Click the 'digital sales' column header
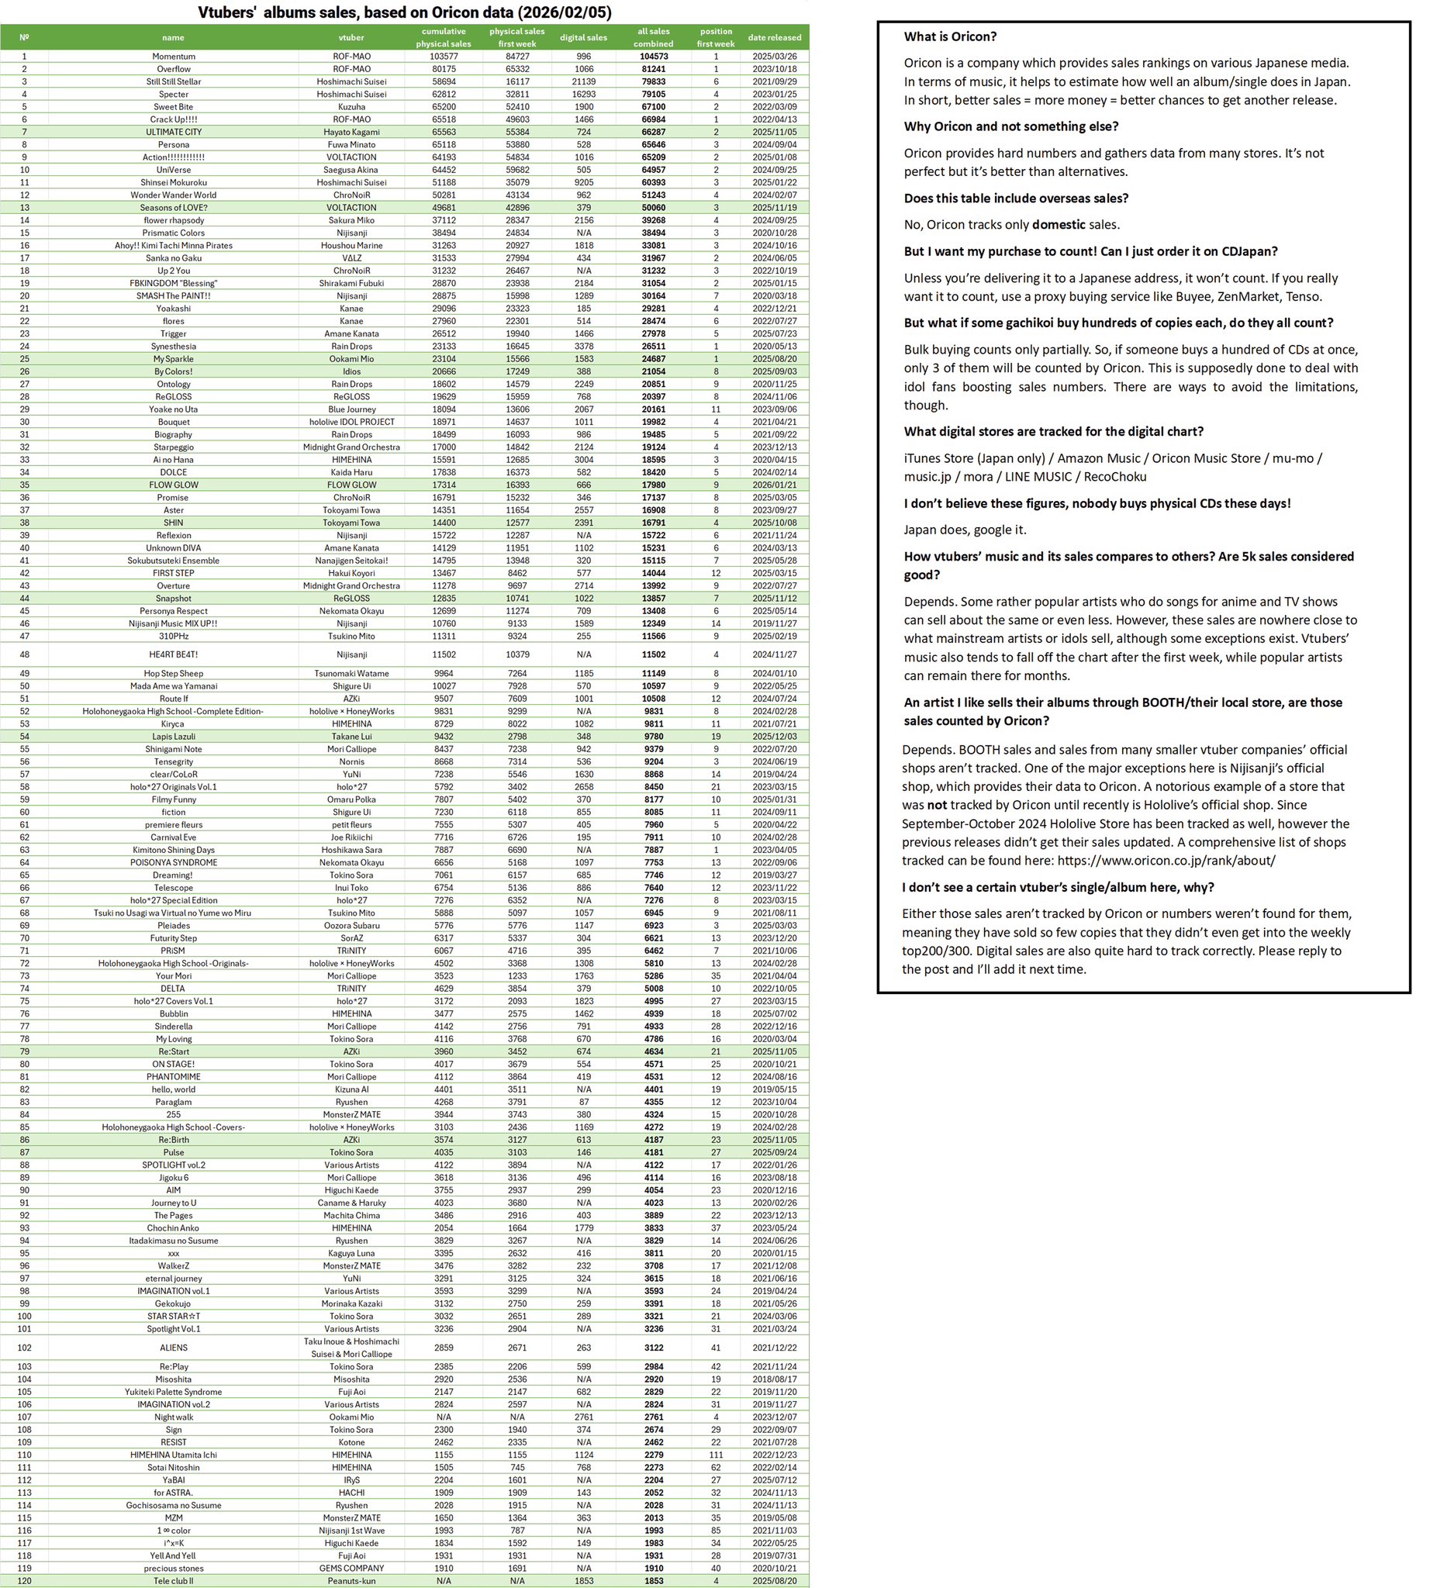coord(583,37)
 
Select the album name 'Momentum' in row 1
coord(174,57)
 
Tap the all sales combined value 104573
coord(653,57)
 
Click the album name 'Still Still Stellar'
coord(174,81)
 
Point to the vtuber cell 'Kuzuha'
coord(351,107)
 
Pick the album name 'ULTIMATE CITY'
coord(174,132)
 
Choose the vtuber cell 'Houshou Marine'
coord(351,245)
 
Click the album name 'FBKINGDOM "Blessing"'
coord(174,283)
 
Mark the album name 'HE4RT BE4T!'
coord(174,654)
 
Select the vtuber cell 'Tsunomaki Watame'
coord(351,673)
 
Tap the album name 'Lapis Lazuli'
coord(174,737)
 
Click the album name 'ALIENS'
coord(174,1348)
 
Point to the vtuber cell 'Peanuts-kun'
coord(351,1581)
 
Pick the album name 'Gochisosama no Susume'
coord(174,1506)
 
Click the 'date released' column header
coord(774,37)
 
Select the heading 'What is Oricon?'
coord(950,36)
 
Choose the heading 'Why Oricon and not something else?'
coord(1010,126)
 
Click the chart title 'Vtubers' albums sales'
coord(404,12)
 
